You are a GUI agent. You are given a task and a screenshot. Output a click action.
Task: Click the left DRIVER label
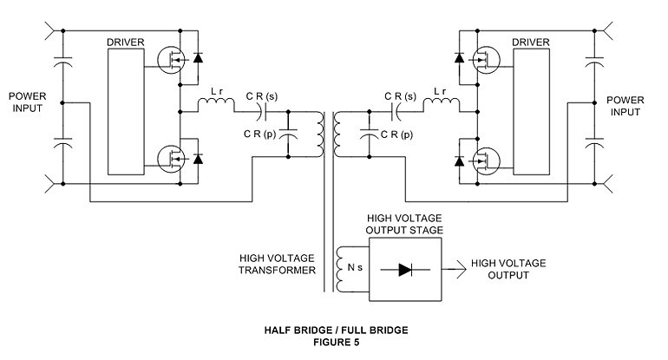click(x=125, y=43)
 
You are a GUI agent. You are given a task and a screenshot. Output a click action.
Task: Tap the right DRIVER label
click(x=531, y=43)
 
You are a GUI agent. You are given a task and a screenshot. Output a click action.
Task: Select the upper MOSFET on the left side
click(x=171, y=60)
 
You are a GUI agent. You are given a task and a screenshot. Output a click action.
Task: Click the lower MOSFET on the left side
click(x=171, y=160)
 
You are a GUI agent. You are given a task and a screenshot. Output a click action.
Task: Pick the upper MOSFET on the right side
click(x=486, y=60)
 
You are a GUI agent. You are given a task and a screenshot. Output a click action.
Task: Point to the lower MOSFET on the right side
click(x=486, y=160)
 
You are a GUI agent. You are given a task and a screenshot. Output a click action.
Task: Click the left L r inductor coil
click(x=216, y=102)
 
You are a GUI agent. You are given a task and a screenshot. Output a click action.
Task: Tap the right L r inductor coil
click(x=442, y=102)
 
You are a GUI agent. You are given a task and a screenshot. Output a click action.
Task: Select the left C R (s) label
click(x=262, y=96)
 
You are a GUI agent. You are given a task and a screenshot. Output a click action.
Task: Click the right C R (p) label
click(x=396, y=134)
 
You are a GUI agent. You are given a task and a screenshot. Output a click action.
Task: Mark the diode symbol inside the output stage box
click(x=405, y=270)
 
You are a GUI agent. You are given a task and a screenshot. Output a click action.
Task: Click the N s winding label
click(x=355, y=267)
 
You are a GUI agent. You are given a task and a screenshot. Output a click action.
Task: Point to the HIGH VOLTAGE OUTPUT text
click(x=508, y=269)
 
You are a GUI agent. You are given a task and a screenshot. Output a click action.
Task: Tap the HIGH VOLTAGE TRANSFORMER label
click(x=277, y=264)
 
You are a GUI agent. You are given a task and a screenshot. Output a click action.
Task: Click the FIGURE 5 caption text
click(x=336, y=342)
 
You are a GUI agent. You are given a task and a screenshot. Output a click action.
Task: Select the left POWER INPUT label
click(x=27, y=102)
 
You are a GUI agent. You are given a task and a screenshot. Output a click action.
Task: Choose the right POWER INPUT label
click(x=625, y=106)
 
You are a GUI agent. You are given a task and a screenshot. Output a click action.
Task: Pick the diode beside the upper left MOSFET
click(x=198, y=57)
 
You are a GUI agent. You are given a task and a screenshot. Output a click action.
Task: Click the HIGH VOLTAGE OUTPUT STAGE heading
click(x=404, y=224)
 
